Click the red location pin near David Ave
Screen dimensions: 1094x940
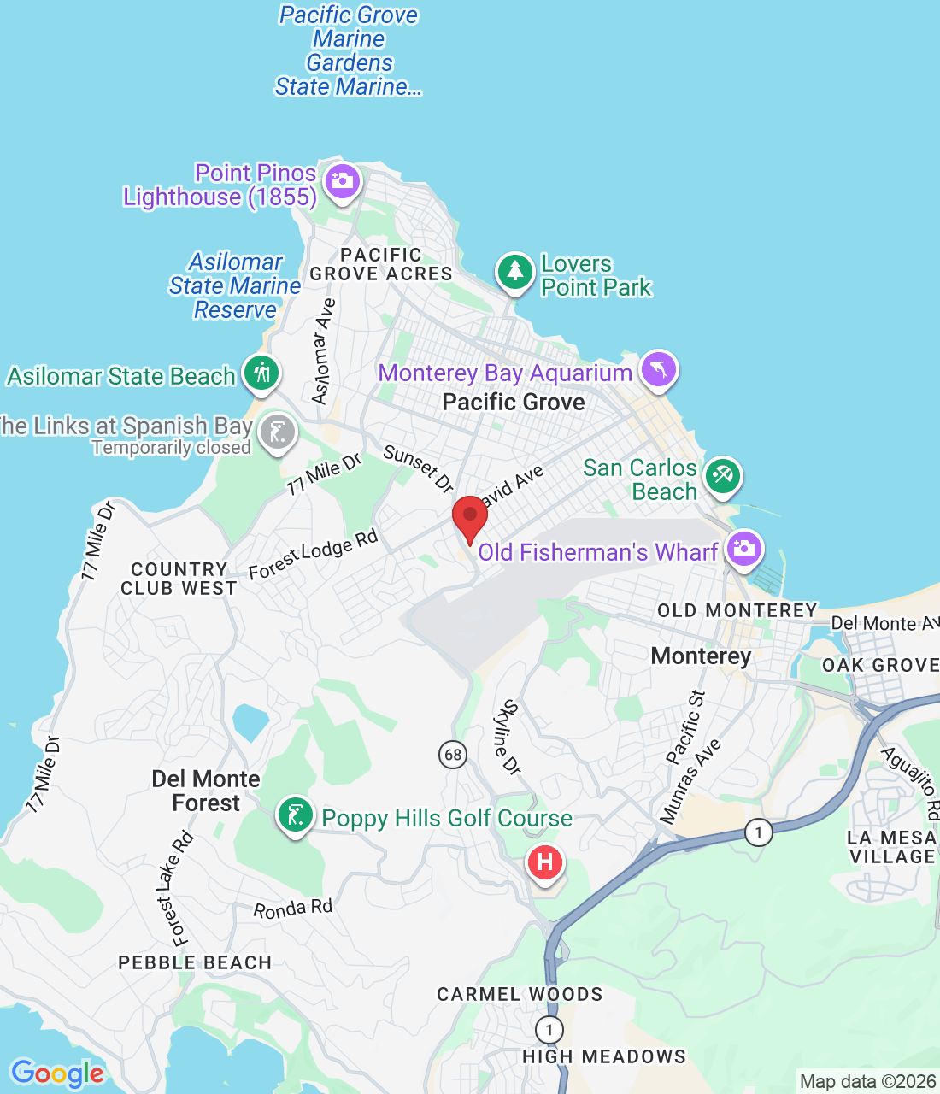469,515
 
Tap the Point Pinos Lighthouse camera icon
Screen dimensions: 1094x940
343,181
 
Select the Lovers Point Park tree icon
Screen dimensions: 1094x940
514,272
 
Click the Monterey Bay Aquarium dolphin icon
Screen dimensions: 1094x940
658,369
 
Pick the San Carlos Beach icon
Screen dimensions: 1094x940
722,474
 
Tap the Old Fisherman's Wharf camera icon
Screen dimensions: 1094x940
743,548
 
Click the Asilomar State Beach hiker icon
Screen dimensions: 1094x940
261,373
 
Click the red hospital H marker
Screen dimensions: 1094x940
545,862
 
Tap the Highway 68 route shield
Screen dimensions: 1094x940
453,754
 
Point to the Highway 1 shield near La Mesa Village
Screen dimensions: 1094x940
758,832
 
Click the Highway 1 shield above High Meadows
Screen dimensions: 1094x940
549,1030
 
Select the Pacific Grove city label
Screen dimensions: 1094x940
514,403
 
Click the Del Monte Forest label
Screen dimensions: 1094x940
206,791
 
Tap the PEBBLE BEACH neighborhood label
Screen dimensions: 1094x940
195,962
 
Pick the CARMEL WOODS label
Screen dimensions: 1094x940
520,994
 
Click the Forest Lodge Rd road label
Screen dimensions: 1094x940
313,555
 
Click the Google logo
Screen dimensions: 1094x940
57,1073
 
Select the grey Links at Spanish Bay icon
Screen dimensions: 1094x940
277,432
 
